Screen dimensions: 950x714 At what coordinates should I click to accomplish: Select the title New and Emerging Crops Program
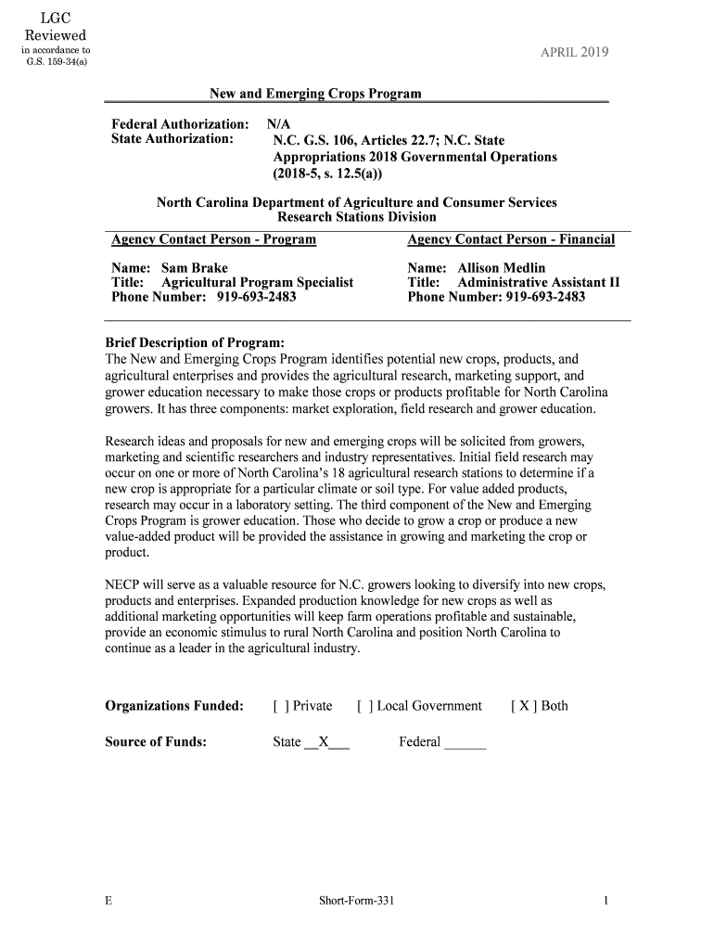point(315,94)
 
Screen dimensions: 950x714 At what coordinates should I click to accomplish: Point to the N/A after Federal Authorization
point(278,123)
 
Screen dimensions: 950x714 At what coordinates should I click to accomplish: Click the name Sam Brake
point(195,268)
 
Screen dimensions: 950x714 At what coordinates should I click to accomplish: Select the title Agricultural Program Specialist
point(257,282)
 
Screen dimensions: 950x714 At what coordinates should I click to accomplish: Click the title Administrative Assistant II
point(539,282)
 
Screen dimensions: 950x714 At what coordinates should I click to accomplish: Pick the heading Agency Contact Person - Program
point(213,239)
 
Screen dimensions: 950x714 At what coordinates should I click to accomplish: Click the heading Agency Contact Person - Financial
point(511,239)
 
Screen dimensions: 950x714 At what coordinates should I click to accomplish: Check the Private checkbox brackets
point(279,706)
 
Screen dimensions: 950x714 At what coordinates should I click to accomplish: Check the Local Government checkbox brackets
point(363,706)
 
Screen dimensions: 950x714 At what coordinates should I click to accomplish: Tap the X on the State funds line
point(324,741)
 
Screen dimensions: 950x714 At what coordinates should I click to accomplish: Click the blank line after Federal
point(465,742)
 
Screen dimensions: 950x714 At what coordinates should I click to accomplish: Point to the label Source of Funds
point(156,741)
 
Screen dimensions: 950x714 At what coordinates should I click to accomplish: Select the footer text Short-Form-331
point(357,901)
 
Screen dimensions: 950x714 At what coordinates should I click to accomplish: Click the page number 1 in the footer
point(605,901)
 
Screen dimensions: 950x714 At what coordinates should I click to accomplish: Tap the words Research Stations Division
point(357,217)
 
